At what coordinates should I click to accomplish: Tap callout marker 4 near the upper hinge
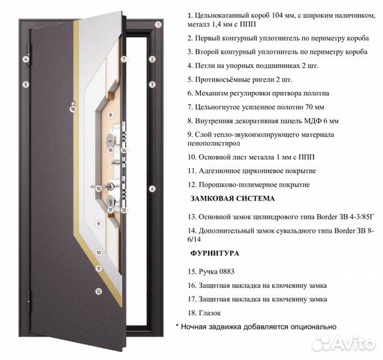[x=25, y=59]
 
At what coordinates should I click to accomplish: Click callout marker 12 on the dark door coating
[x=98, y=291]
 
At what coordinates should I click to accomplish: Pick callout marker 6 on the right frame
[x=152, y=189]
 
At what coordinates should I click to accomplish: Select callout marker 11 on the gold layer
[x=98, y=269]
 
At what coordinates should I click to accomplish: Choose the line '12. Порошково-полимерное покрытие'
[x=248, y=184]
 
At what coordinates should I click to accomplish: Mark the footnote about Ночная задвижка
[x=256, y=327]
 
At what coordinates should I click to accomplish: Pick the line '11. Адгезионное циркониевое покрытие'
[x=252, y=170]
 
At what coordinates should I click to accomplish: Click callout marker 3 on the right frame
[x=152, y=85]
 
